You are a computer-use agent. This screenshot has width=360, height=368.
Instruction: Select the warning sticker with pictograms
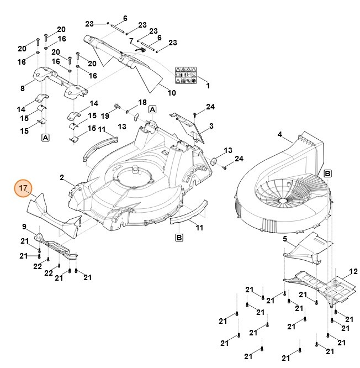tap(185, 75)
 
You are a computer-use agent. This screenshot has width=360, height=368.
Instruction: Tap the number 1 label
tap(208, 86)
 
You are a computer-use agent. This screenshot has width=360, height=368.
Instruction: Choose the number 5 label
tap(285, 239)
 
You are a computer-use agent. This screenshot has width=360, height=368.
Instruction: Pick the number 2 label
tap(62, 177)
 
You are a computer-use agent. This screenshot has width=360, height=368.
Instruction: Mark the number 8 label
tap(23, 88)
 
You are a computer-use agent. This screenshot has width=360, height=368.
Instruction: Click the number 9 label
tap(24, 227)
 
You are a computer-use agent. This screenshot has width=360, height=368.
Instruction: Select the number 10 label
tap(172, 92)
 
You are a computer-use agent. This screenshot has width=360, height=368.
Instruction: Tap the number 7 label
tap(131, 41)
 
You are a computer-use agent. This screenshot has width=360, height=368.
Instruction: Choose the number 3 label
tap(210, 126)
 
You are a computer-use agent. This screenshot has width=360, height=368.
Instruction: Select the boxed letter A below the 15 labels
tap(45, 137)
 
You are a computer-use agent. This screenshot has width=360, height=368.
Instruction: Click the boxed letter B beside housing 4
tap(327, 173)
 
